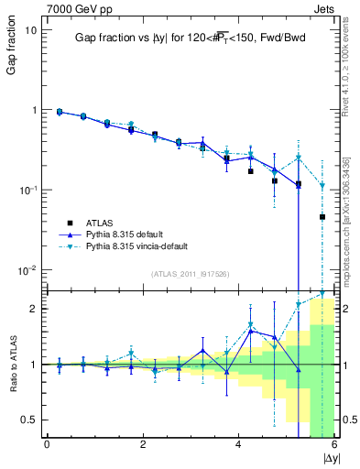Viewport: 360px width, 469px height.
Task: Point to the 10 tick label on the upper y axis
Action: coord(31,29)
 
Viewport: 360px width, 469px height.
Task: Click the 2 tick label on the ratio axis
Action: coord(35,309)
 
